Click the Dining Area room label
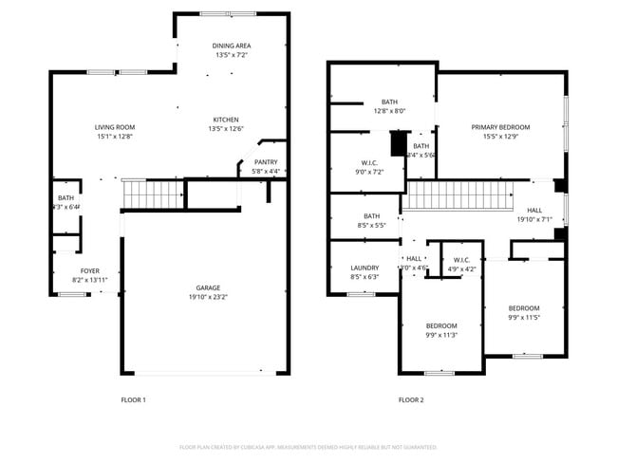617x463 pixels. point(231,45)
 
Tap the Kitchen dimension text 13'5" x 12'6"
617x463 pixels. point(226,129)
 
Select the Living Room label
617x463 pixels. point(114,127)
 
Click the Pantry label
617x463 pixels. point(265,162)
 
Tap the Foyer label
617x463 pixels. point(89,271)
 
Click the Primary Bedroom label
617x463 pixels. point(500,127)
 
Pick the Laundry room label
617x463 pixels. point(365,268)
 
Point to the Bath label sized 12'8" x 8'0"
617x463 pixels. point(389,102)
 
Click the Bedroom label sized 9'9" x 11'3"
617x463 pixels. point(440,325)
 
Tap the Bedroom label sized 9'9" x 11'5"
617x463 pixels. point(523,308)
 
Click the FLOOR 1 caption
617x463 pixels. point(133,399)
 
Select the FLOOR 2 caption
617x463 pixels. point(410,399)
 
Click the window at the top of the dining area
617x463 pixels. point(228,13)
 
